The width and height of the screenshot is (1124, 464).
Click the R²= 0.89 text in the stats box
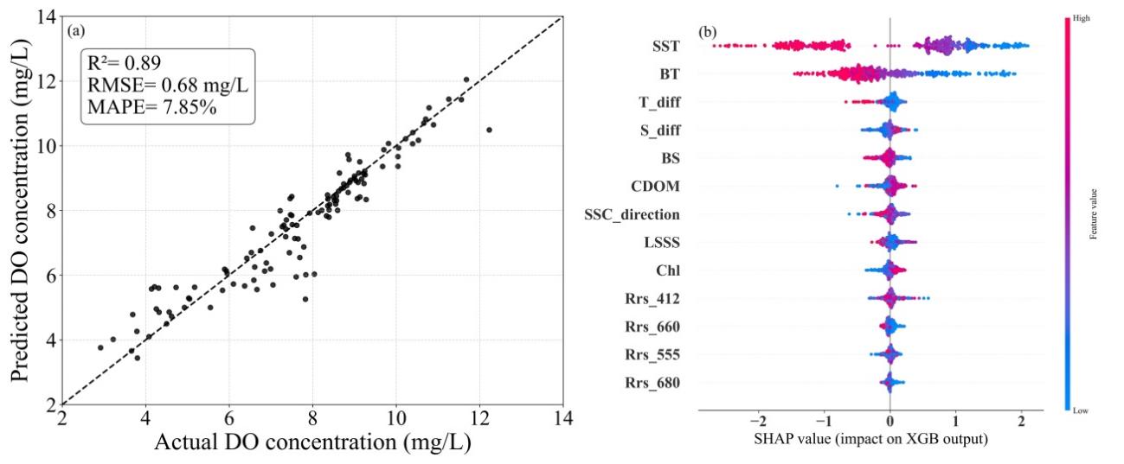(125, 62)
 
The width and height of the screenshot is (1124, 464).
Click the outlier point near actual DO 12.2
(489, 130)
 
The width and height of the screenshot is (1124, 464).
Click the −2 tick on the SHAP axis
(758, 422)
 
